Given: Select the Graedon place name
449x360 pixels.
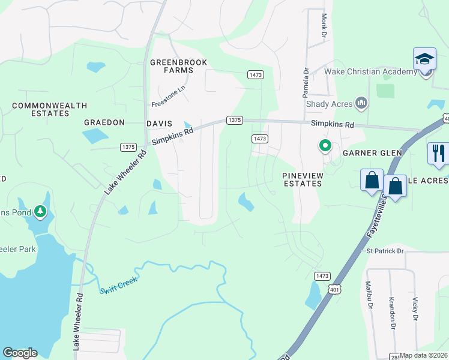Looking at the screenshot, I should pos(104,122).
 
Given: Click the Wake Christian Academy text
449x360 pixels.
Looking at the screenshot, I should pos(370,72).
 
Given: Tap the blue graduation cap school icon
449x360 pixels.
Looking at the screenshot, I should pos(424,60).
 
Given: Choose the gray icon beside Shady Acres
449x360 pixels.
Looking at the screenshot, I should pos(361,104).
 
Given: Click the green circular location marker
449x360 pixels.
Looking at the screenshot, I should pos(325,146).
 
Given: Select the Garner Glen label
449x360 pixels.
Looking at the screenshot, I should pos(372,153).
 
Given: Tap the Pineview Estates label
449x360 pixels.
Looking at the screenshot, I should pos(303,179).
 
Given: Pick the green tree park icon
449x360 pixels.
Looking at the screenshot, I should pos(40,211).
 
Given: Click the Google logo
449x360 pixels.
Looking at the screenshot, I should pos(20,353).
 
